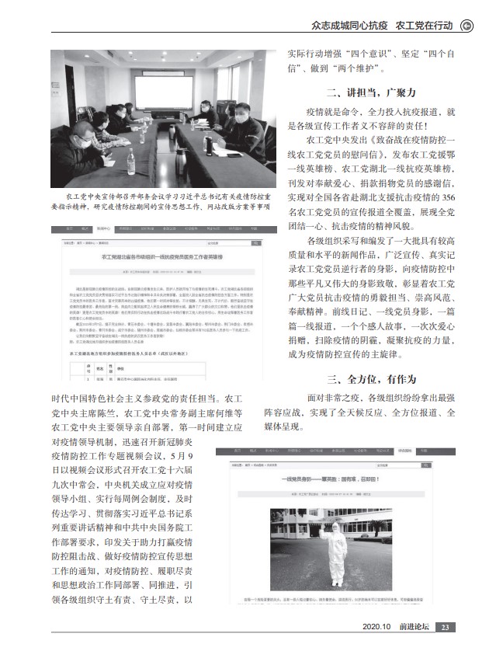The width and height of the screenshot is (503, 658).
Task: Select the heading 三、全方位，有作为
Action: [371, 379]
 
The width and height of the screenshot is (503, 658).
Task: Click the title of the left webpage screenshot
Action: [161, 255]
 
